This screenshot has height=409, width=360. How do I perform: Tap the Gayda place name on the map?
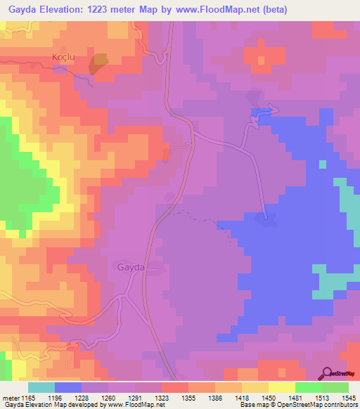click(x=131, y=268)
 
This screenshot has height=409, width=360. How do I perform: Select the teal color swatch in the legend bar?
click(x=41, y=388)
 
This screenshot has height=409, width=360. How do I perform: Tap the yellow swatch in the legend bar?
click(x=281, y=388)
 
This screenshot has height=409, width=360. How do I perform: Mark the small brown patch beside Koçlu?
click(x=98, y=63)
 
